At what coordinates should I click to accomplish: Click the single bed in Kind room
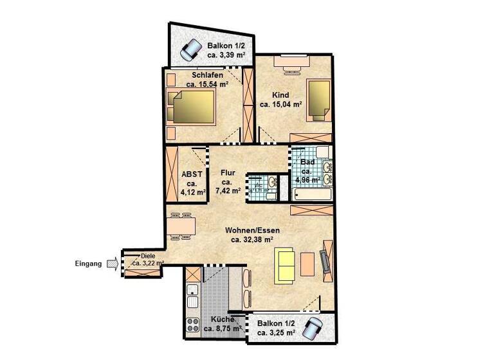(x=318, y=100)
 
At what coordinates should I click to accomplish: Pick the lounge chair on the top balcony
(x=190, y=49)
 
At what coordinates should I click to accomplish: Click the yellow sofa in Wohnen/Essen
(x=286, y=265)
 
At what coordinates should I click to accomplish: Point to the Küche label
(x=223, y=319)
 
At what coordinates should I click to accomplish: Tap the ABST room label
(x=192, y=174)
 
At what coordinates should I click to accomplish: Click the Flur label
(x=228, y=173)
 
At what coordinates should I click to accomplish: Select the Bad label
(x=307, y=162)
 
